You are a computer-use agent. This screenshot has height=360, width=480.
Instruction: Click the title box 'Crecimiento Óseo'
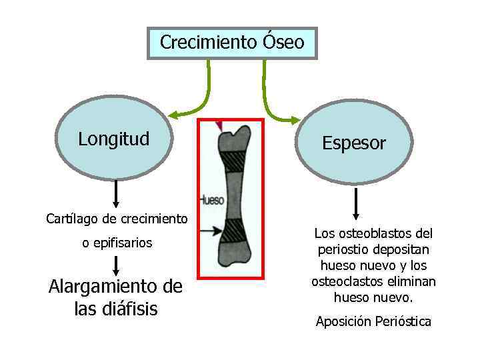pos(232,43)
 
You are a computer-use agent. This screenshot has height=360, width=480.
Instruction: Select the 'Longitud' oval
pos(113,139)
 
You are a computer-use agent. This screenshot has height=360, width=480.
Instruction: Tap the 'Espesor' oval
pos(353,143)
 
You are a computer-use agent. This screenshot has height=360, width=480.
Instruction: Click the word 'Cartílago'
pos(68,219)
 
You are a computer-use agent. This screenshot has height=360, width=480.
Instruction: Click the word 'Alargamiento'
pos(95,287)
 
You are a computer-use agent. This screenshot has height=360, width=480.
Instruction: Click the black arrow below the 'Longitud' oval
pos(117,193)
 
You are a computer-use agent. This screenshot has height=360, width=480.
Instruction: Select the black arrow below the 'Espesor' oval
pos(356,203)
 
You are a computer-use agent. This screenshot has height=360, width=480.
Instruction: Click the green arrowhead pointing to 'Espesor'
pos(294,120)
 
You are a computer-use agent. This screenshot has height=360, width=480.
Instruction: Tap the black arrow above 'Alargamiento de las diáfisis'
pos(117,265)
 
